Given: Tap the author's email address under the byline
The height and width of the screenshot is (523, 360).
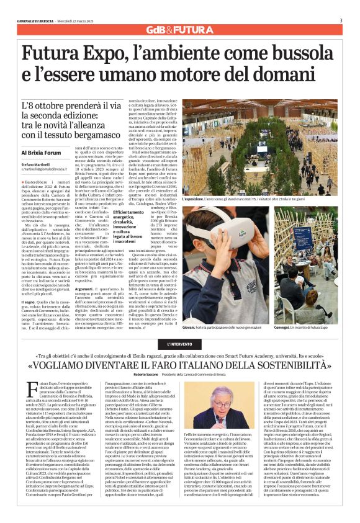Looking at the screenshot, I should (x=44, y=170).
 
